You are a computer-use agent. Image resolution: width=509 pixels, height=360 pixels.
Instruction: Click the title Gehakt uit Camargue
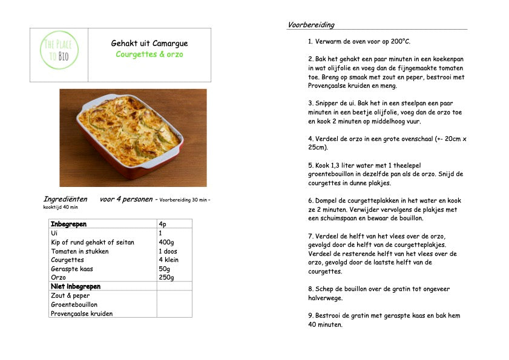pyautogui.click(x=149, y=44)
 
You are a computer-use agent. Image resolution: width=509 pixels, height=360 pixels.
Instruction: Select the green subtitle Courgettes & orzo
pyautogui.click(x=149, y=54)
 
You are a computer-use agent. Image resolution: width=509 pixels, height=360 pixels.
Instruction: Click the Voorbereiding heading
pyautogui.click(x=311, y=25)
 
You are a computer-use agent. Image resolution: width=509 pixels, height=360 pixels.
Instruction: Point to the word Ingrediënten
pyautogui.click(x=65, y=199)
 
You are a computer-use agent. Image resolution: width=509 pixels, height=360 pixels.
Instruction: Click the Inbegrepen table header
pyautogui.click(x=69, y=224)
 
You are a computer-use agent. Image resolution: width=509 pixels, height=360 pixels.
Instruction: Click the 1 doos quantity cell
pyautogui.click(x=168, y=251)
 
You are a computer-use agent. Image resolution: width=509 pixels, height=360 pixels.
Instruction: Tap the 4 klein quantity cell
pyautogui.click(x=168, y=260)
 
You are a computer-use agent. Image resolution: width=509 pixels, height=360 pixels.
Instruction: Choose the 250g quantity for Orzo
pyautogui.click(x=166, y=278)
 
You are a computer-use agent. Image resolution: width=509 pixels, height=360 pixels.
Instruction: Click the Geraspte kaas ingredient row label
pyautogui.click(x=72, y=269)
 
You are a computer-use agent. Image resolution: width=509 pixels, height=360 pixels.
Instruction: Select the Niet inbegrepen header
pyautogui.click(x=76, y=287)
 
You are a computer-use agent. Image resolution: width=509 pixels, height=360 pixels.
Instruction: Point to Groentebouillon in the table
pyautogui.click(x=74, y=305)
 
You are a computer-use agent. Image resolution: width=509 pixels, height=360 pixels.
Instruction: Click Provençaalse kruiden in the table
pyautogui.click(x=82, y=314)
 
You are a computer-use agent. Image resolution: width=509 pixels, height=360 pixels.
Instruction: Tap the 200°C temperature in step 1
pyautogui.click(x=399, y=42)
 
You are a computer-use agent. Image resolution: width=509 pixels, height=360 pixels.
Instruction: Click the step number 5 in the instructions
pyautogui.click(x=310, y=165)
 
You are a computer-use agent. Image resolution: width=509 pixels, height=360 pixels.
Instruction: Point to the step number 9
pyautogui.click(x=310, y=316)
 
